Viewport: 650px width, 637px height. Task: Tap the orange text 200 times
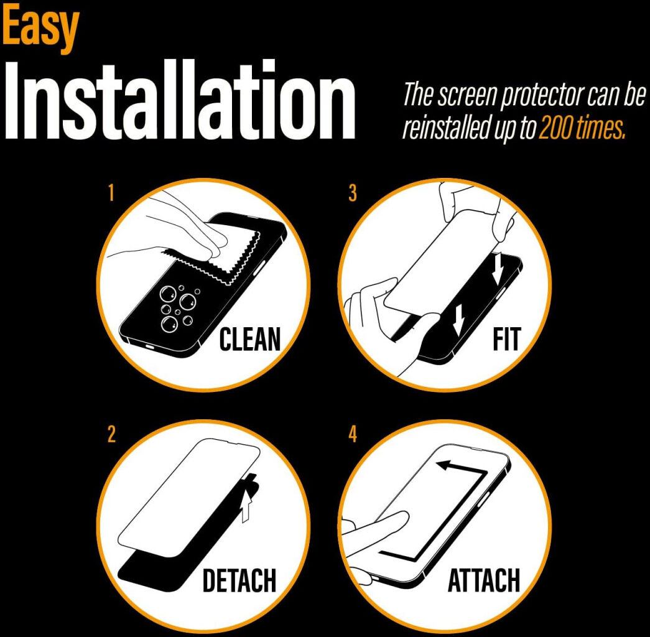pos(582,129)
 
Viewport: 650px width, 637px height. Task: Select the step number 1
pos(111,193)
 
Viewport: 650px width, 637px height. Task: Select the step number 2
pos(111,435)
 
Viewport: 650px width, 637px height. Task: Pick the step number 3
pos(352,193)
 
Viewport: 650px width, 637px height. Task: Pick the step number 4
pos(352,435)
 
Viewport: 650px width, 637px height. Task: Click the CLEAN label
pos(249,339)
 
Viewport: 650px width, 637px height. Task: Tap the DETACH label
pos(239,580)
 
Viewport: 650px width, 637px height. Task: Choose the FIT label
pos(506,339)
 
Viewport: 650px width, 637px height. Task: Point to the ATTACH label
pos(484,580)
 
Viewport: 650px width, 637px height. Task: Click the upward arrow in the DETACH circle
pos(246,504)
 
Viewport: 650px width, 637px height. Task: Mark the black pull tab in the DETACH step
pos(252,485)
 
